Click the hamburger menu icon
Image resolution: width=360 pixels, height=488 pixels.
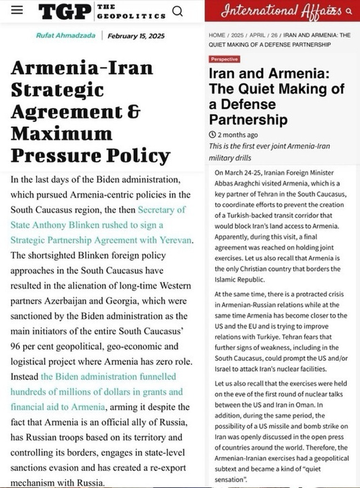coord(17,10)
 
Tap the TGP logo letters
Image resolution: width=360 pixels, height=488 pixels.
coord(64,11)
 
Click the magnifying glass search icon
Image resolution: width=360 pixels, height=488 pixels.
coord(177,10)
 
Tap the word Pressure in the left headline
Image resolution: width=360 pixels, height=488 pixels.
coord(48,155)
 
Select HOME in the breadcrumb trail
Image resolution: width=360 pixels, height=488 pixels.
coord(217,35)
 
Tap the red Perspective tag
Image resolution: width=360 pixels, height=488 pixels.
coord(224,59)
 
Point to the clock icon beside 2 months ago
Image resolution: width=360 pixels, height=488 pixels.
coord(212,135)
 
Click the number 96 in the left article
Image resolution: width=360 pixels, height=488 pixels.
coord(16,346)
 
